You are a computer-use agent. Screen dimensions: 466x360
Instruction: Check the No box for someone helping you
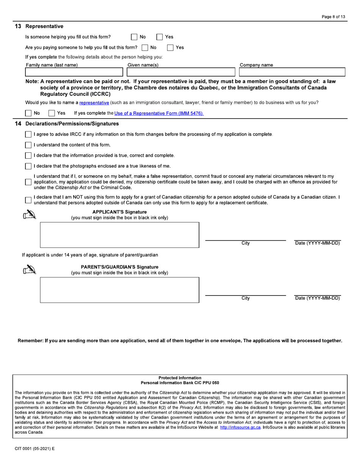click(x=134, y=37)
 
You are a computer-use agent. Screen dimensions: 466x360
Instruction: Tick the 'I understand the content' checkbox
click(x=28, y=145)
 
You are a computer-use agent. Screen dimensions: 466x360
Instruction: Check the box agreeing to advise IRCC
click(x=28, y=134)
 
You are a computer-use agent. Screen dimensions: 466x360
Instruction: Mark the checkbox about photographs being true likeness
click(x=28, y=166)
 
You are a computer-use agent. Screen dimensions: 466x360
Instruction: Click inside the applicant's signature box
click(x=119, y=235)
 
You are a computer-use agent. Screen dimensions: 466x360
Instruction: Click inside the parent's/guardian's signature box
click(x=119, y=290)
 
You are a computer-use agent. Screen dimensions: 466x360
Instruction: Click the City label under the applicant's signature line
click(x=246, y=243)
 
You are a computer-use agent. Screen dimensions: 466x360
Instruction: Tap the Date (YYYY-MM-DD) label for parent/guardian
click(x=318, y=298)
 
